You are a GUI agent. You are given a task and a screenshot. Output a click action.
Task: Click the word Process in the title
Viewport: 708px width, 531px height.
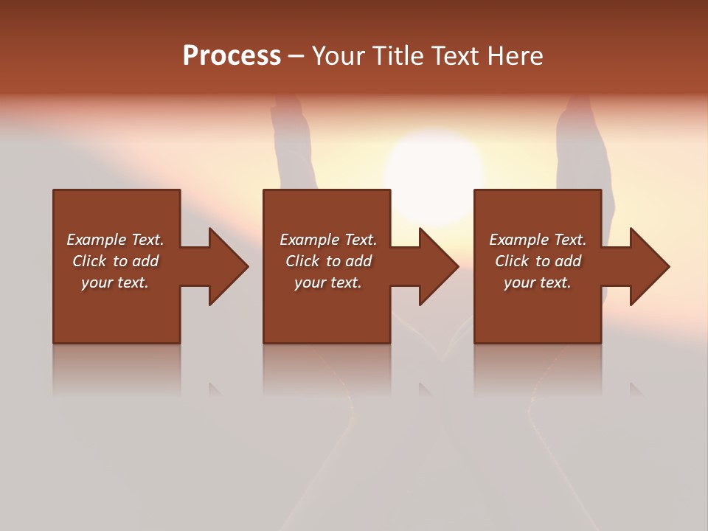coord(232,56)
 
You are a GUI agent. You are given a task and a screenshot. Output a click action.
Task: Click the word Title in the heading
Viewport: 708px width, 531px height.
coord(396,56)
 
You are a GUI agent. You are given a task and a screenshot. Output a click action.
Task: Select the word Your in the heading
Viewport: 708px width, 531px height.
coord(339,56)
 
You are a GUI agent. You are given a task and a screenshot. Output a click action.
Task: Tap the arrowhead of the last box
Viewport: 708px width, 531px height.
coord(648,266)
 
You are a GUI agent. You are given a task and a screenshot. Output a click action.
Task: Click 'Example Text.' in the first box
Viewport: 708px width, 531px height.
coord(115,240)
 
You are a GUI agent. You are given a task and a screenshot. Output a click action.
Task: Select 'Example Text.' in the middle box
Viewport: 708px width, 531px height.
coord(327,240)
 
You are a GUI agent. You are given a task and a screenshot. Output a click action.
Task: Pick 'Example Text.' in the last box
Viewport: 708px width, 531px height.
coord(538,240)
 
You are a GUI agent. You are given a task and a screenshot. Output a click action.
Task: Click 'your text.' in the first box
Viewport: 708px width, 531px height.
coord(115,282)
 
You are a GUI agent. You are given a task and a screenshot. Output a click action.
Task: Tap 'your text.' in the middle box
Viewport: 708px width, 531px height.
coord(327,282)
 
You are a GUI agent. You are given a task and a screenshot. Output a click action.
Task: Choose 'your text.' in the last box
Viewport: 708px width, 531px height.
coord(538,282)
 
